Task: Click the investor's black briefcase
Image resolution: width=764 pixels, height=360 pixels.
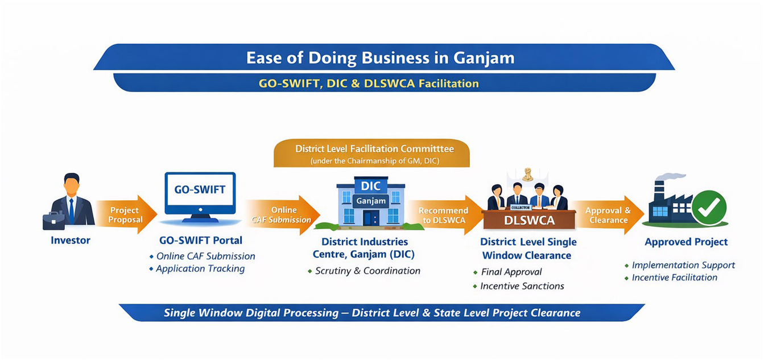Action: [53, 220]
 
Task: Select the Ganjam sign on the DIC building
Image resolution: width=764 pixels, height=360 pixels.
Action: [370, 201]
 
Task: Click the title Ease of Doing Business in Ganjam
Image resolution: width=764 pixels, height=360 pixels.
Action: [380, 58]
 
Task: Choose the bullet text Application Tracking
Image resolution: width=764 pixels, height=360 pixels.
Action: [200, 268]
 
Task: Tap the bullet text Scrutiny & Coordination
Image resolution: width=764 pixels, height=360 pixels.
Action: [367, 271]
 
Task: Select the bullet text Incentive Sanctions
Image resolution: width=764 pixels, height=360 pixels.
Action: [522, 285]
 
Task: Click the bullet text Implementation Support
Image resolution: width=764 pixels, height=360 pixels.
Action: [683, 265]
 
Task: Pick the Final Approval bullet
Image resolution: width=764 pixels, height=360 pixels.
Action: [511, 272]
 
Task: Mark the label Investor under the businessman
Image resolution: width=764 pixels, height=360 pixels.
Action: [71, 241]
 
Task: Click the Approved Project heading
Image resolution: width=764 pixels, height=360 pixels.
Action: [686, 242]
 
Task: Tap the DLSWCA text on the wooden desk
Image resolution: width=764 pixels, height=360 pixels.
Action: [528, 218]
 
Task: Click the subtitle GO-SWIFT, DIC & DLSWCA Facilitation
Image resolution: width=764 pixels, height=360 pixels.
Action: [369, 84]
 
